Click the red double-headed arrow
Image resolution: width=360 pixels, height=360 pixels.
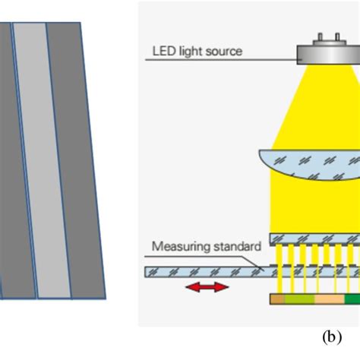[206, 287]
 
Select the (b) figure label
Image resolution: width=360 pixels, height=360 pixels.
[328, 333]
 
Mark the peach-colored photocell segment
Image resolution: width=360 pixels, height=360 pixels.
[329, 299]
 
